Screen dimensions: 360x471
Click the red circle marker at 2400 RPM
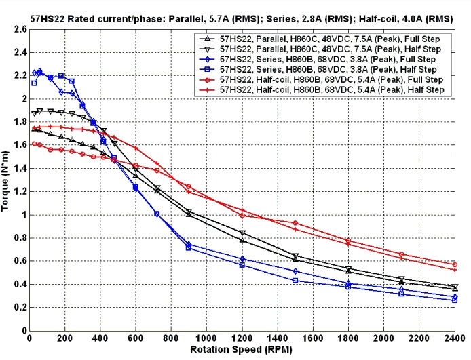pos(455,264)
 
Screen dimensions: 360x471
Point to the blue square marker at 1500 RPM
pos(295,280)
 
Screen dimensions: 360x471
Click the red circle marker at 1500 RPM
pos(295,223)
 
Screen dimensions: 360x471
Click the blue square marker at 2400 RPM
pos(455,300)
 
